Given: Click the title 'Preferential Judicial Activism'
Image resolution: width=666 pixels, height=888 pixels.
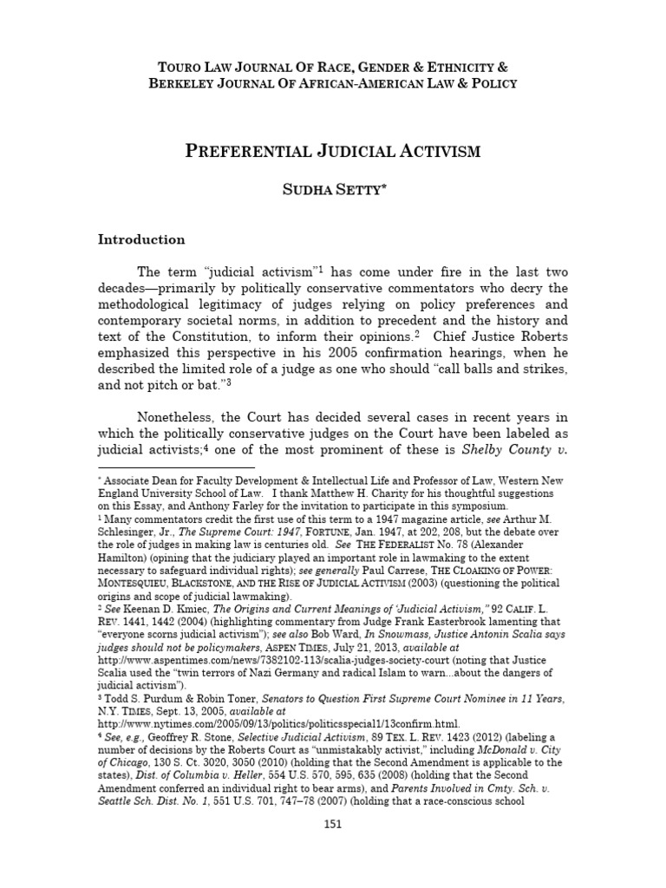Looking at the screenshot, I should pos(333,153).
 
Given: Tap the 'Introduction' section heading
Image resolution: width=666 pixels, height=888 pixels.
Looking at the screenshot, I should pos(141,239).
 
